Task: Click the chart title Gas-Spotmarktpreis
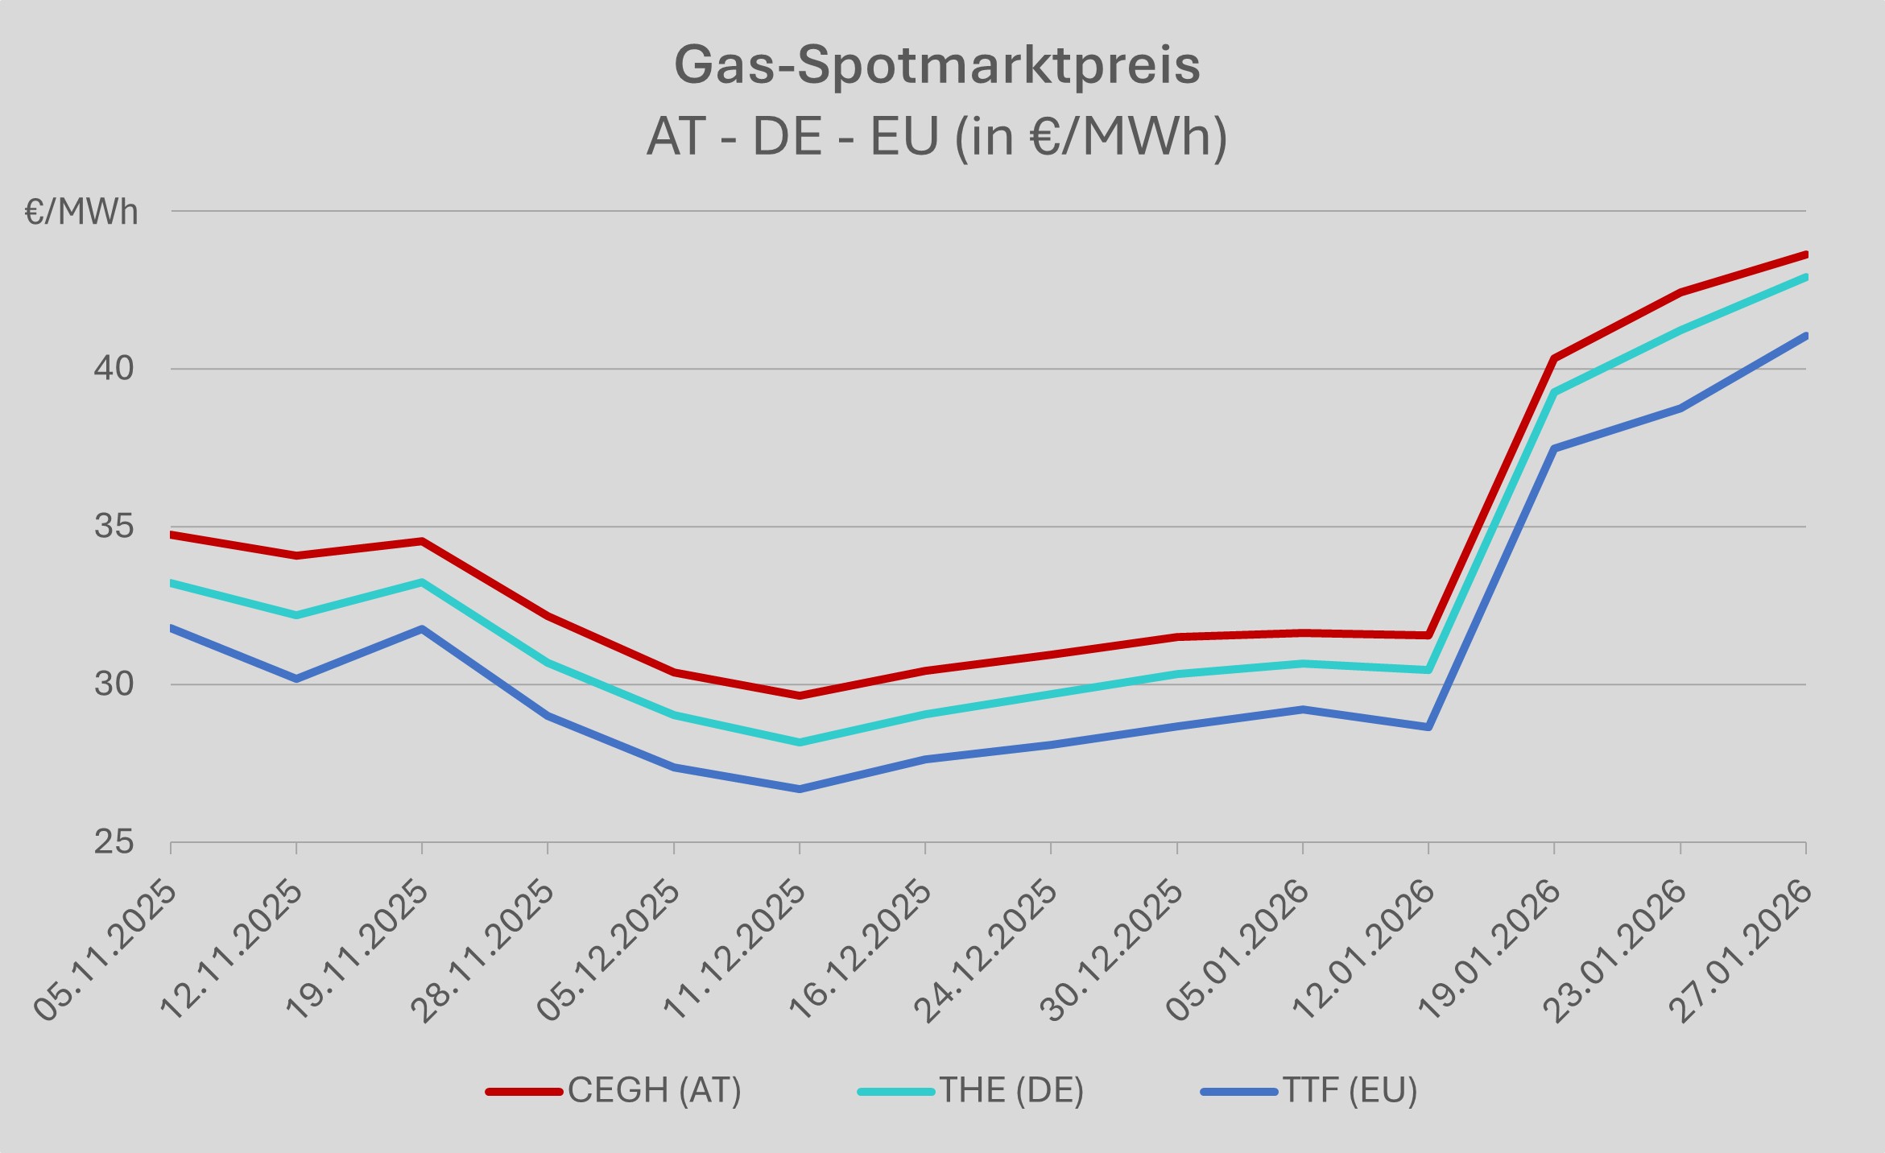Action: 936,65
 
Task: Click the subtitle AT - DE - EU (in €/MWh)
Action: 936,137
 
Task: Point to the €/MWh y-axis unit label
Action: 81,213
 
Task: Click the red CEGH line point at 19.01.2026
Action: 1554,357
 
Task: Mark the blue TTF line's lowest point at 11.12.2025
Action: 800,789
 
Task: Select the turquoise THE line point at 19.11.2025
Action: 422,581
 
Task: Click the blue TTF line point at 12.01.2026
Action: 1428,727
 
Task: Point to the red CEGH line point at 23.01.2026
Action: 1680,292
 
